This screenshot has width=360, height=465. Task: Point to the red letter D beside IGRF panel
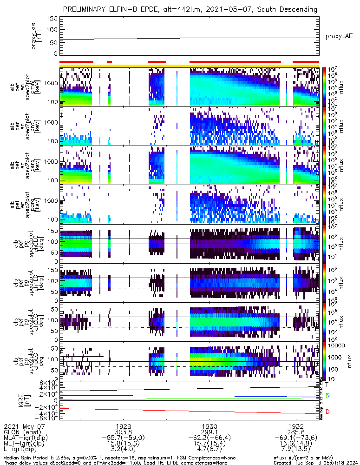pos(327,412)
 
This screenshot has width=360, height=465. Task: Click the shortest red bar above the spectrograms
pos(109,61)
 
